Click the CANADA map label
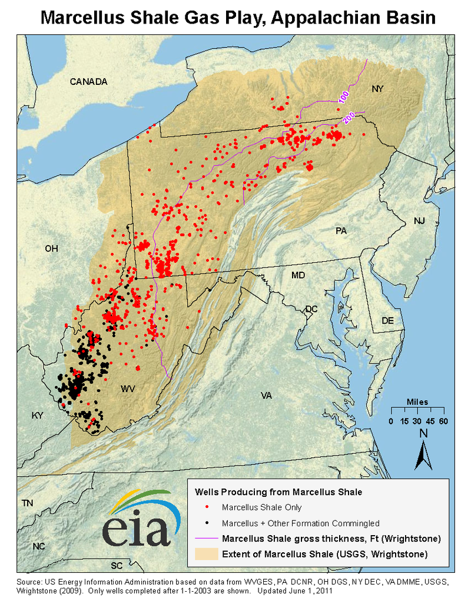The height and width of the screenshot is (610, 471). (x=88, y=81)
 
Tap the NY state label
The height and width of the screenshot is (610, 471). (x=377, y=89)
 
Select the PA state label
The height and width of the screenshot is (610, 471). (x=341, y=230)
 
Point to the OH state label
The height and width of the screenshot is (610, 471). (x=52, y=249)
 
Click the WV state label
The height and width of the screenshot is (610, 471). (x=128, y=389)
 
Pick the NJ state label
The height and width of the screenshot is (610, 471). (x=419, y=221)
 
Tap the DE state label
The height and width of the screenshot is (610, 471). (x=387, y=321)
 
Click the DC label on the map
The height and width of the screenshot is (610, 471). (x=311, y=309)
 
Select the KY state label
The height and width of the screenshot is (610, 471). (x=38, y=416)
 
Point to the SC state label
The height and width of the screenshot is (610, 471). (x=117, y=566)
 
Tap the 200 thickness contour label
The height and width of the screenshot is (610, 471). (x=349, y=118)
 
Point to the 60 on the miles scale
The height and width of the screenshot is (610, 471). (x=443, y=421)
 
